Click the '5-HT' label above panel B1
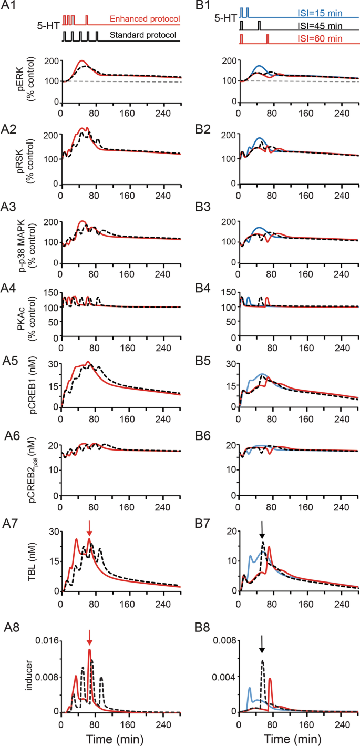(x=225, y=17)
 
